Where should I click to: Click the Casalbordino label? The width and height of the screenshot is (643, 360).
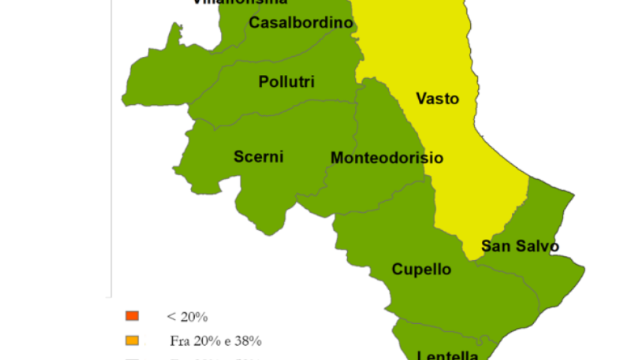301,23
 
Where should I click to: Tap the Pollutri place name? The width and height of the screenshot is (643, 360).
287,82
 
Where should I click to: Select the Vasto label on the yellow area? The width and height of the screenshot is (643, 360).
437,99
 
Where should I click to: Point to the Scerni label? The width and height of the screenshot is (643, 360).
258,157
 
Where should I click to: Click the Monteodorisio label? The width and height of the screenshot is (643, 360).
386,158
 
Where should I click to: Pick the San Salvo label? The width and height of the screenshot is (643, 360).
519,246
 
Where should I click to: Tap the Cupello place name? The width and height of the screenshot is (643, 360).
421,269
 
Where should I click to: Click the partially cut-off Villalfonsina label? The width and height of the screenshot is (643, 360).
240,2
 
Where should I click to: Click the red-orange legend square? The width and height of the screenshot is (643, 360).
132,316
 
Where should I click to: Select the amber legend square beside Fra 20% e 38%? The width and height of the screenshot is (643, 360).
132,340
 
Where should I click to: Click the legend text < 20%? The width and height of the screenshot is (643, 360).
187,317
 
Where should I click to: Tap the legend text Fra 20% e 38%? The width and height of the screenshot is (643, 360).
215,341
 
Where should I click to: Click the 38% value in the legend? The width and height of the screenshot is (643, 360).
249,341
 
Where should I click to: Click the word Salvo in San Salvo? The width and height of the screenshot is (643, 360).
538,246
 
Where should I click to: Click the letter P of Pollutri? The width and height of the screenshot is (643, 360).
263,82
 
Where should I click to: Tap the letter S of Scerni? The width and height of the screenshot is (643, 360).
238,157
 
